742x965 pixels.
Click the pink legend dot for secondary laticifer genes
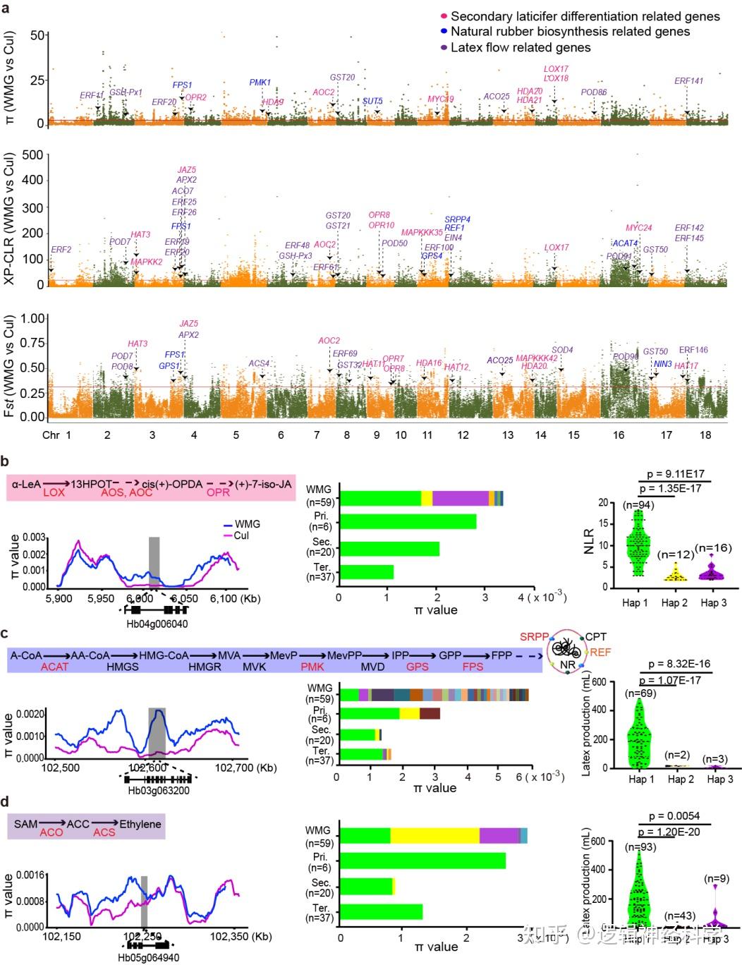click(x=444, y=16)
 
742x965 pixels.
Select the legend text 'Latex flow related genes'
click(x=521, y=47)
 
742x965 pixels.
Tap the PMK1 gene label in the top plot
click(x=260, y=83)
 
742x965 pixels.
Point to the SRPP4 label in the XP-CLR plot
click(x=457, y=219)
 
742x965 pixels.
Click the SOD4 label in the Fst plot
click(x=562, y=350)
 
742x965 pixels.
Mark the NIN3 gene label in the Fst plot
click(x=662, y=364)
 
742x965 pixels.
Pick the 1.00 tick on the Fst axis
click(x=32, y=318)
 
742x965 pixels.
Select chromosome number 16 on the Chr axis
click(x=618, y=435)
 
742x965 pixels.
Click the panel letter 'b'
click(x=5, y=461)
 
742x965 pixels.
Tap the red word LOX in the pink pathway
click(x=54, y=492)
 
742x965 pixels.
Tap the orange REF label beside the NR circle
click(x=600, y=653)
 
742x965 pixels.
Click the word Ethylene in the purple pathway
click(x=140, y=824)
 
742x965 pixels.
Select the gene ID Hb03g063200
click(x=158, y=790)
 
